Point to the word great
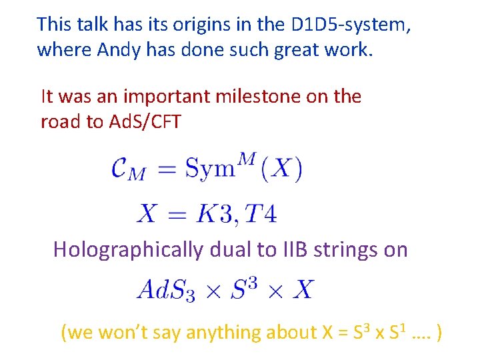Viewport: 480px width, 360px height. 291,49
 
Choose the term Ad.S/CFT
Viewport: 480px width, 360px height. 143,121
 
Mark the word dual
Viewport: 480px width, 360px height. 226,249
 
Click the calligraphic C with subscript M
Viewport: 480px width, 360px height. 127,169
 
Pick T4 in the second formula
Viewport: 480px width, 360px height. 261,214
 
